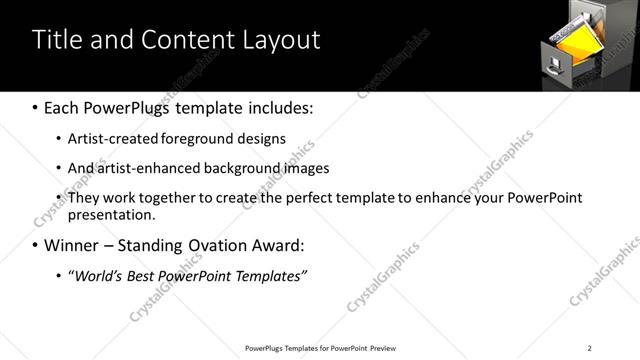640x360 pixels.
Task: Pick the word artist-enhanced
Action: (147, 168)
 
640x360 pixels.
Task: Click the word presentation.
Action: (112, 215)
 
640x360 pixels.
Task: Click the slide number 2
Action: (589, 348)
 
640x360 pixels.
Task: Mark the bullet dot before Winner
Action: (36, 245)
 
